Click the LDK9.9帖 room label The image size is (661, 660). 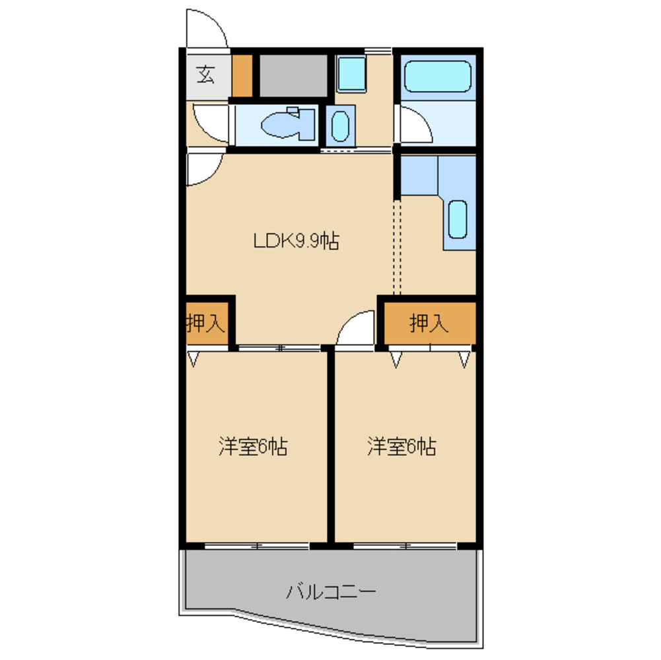[x=296, y=241]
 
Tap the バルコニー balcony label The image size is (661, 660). [x=331, y=592]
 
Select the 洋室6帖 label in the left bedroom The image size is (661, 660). [x=253, y=447]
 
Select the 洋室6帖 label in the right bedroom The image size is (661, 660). [x=401, y=447]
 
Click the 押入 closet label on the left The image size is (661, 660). [x=205, y=323]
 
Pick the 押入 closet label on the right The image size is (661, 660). [x=429, y=323]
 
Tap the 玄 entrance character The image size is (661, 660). [x=206, y=75]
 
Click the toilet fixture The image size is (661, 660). [x=289, y=123]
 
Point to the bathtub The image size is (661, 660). [x=438, y=77]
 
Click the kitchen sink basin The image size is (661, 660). [x=458, y=219]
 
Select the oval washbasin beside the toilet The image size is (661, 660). [x=340, y=125]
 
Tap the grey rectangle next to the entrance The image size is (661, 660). [x=293, y=76]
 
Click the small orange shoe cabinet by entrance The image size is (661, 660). [x=242, y=76]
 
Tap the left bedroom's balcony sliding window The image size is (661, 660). [x=257, y=546]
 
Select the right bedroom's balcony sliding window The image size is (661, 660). [x=405, y=546]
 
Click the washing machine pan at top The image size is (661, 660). [x=351, y=74]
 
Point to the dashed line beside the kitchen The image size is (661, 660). [x=397, y=247]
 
